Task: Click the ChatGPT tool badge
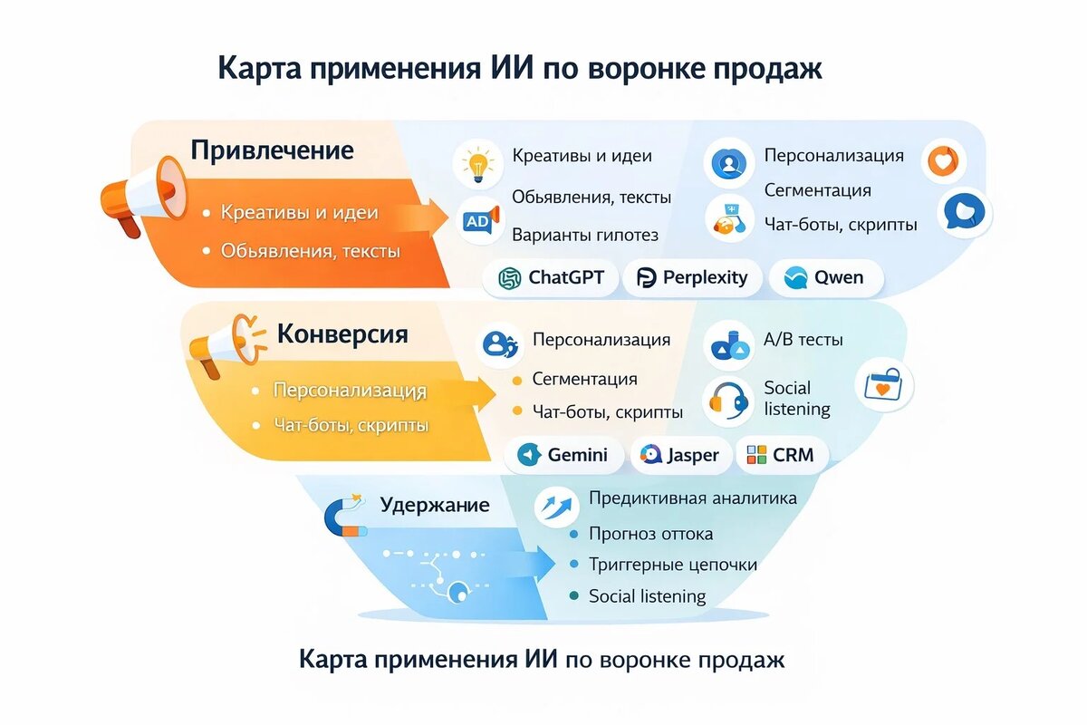click(551, 277)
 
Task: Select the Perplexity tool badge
click(692, 277)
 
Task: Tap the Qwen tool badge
click(826, 277)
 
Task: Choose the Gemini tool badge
click(563, 455)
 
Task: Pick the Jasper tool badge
click(680, 455)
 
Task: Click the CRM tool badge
click(781, 455)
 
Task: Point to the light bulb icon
click(478, 164)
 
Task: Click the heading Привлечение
click(272, 150)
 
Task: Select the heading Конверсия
click(342, 334)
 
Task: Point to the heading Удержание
click(435, 505)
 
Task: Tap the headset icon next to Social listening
click(728, 401)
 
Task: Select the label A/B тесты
click(803, 339)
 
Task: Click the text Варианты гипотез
click(585, 235)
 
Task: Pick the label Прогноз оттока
click(650, 534)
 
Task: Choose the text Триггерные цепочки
click(672, 565)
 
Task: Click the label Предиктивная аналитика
click(692, 498)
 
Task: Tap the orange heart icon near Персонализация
click(943, 161)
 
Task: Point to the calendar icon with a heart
click(884, 385)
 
